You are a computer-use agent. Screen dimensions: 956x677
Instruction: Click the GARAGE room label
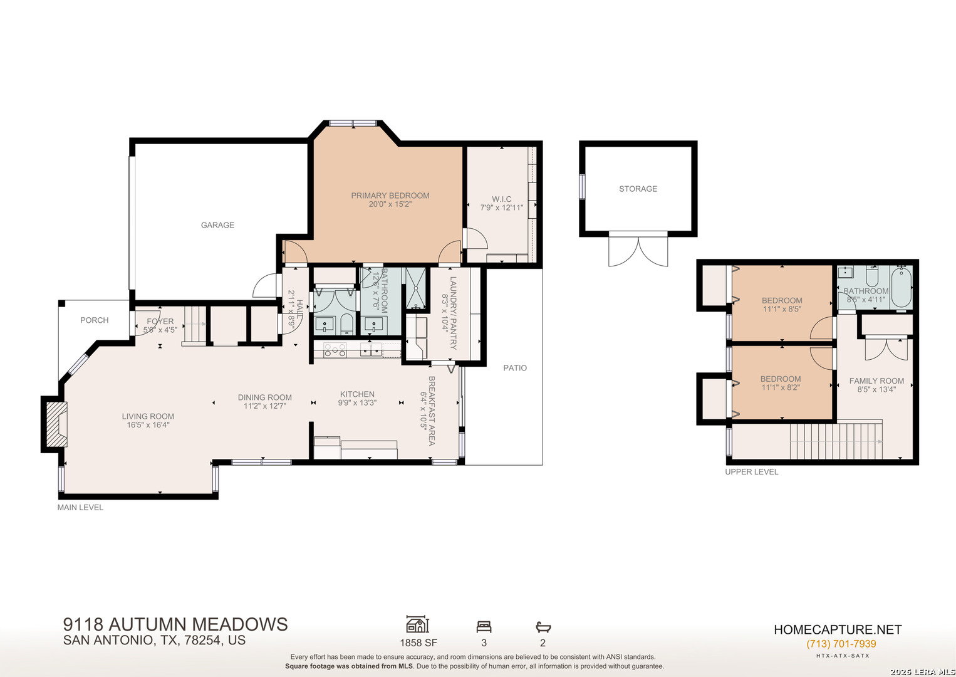point(217,225)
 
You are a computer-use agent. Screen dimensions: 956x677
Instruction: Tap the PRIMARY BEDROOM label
point(390,196)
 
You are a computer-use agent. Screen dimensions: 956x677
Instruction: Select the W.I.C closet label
point(501,199)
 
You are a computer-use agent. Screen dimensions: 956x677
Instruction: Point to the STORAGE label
point(638,189)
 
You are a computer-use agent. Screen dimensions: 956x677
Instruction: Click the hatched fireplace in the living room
point(56,424)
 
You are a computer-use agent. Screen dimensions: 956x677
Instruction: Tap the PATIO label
point(515,368)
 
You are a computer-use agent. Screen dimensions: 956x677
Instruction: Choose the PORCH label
point(95,320)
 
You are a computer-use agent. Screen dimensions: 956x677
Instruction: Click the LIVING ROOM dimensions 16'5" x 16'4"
point(148,425)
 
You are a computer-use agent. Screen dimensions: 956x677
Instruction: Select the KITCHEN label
point(357,394)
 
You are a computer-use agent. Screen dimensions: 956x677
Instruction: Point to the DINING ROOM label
point(265,397)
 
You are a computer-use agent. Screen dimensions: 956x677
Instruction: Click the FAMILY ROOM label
point(876,381)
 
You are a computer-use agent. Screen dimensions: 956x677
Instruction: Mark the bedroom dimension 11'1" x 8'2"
point(781,387)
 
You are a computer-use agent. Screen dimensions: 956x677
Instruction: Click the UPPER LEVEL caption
point(752,472)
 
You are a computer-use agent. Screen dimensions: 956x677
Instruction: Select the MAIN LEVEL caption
point(80,507)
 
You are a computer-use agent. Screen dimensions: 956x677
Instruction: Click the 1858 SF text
point(418,643)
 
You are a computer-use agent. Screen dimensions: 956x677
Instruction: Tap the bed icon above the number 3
point(484,627)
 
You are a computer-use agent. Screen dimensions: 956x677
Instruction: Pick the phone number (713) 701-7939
point(841,644)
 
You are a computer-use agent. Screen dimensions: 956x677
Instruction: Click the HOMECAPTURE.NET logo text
point(838,629)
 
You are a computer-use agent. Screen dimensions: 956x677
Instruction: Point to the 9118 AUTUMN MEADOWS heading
point(175,624)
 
